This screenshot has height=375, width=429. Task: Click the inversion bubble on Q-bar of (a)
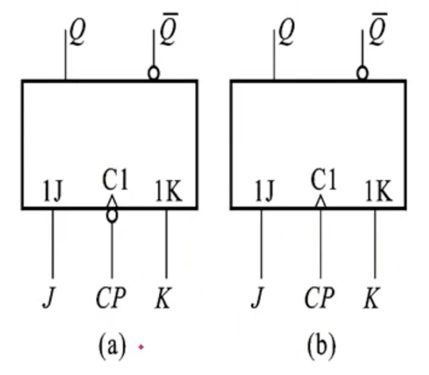pos(153,74)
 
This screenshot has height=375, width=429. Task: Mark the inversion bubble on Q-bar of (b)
pos(362,74)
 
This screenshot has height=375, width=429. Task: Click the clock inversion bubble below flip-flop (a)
pos(112,215)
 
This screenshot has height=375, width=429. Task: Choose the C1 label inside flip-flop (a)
pos(115,181)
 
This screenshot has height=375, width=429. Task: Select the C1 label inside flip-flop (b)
pos(324,181)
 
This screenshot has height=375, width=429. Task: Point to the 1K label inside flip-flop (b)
pos(378,192)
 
